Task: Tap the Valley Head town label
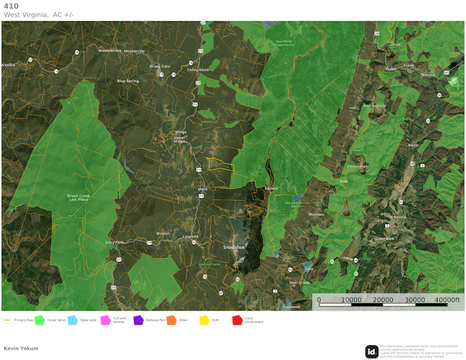(x=198, y=69)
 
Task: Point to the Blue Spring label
(x=128, y=81)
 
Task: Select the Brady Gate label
(x=160, y=66)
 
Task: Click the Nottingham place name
(x=374, y=106)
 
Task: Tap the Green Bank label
(x=385, y=238)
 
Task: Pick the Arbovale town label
(x=397, y=217)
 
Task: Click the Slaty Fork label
(x=114, y=242)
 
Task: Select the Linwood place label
(x=190, y=237)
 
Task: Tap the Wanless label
(x=316, y=214)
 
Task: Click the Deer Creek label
(x=299, y=282)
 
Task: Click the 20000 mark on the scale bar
(x=384, y=300)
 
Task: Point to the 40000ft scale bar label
(x=448, y=300)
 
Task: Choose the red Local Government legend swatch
(x=237, y=320)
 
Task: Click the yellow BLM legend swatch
(x=204, y=320)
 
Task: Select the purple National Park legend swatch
(x=138, y=320)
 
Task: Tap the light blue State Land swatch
(x=73, y=320)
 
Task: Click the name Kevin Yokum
(x=21, y=348)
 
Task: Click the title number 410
(x=11, y=6)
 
